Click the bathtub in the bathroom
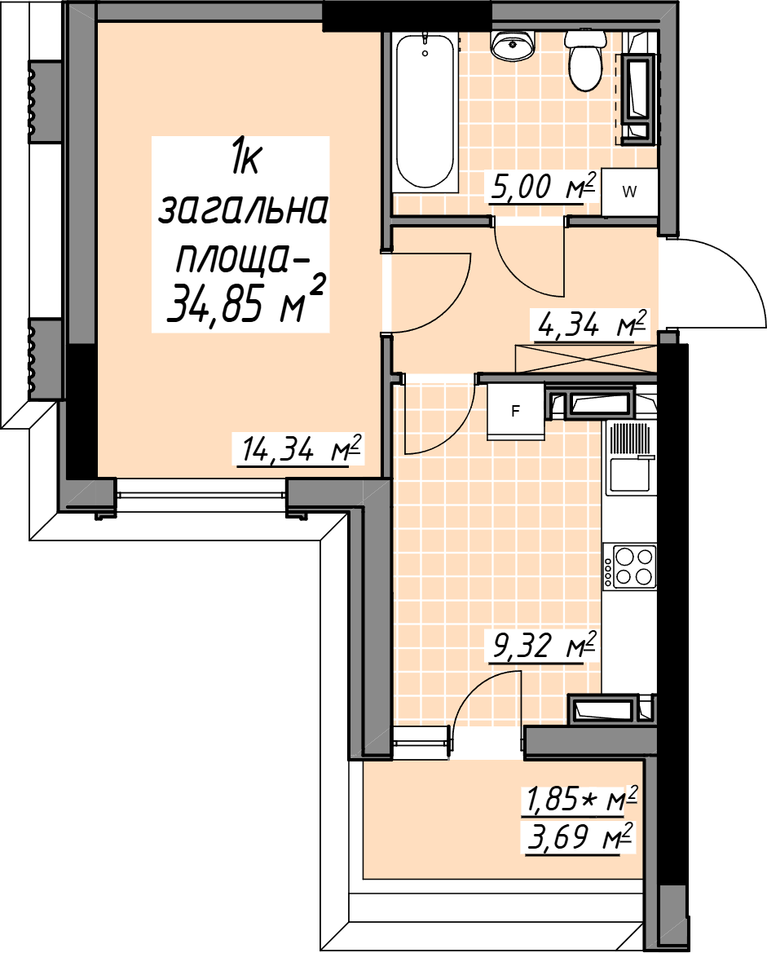point(425,113)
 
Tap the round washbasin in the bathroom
point(513,46)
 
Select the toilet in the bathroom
point(585,61)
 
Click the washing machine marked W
point(629,192)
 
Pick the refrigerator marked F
point(516,412)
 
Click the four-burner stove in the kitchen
point(630,566)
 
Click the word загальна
point(243,210)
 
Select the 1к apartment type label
point(245,160)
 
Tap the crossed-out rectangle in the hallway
point(586,359)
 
